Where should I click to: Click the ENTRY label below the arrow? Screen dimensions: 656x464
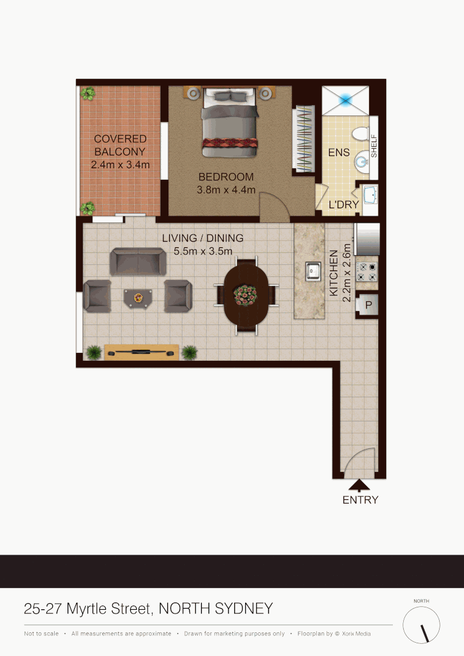click(360, 500)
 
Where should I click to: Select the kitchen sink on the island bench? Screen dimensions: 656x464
click(313, 270)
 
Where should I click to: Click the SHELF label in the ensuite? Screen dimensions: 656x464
click(374, 146)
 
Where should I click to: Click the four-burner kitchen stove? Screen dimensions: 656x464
click(367, 272)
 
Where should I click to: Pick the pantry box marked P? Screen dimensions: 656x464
click(369, 304)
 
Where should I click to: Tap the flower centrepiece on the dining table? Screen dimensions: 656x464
click(246, 295)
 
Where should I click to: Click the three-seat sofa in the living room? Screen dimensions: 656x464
click(138, 261)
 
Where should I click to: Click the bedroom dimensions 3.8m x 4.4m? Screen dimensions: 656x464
click(226, 190)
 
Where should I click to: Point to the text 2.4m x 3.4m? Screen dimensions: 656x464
click(120, 164)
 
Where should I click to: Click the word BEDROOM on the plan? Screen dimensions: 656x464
click(226, 177)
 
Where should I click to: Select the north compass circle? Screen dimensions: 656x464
click(421, 625)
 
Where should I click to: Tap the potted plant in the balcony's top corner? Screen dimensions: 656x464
click(88, 94)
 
